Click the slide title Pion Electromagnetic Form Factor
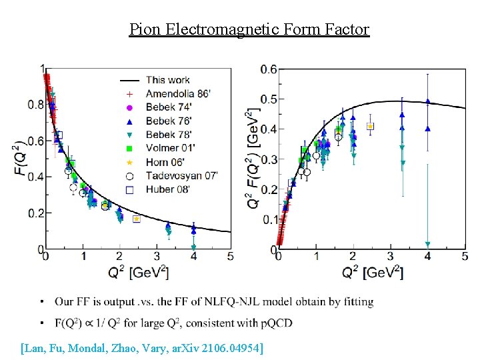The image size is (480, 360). click(x=249, y=29)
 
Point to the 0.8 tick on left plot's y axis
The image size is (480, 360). click(x=33, y=105)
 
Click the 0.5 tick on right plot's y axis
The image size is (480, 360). click(x=268, y=99)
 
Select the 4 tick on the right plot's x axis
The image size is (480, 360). click(x=427, y=256)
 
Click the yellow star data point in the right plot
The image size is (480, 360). click(x=370, y=126)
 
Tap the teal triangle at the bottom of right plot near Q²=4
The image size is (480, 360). click(x=427, y=244)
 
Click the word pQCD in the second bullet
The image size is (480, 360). click(x=292, y=323)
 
